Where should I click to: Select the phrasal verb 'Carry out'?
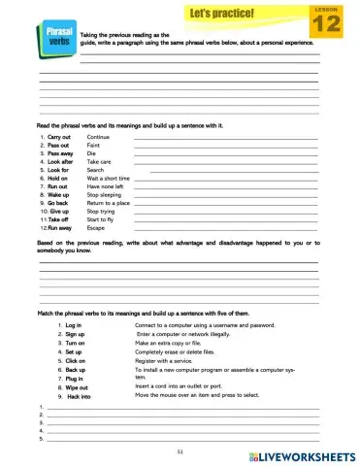pyautogui.click(x=59, y=138)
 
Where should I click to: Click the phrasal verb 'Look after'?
pyautogui.click(x=61, y=162)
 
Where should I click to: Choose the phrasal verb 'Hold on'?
pyautogui.click(x=58, y=179)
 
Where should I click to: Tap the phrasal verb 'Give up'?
pyautogui.click(x=57, y=211)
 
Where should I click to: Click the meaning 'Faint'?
pyautogui.click(x=94, y=146)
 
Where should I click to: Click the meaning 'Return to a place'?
pyautogui.click(x=108, y=203)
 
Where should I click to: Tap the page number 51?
pyautogui.click(x=180, y=451)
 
